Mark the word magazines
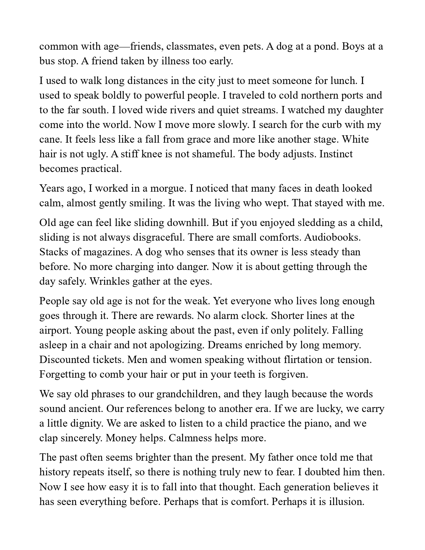point(106,252)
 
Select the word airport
point(55,330)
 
